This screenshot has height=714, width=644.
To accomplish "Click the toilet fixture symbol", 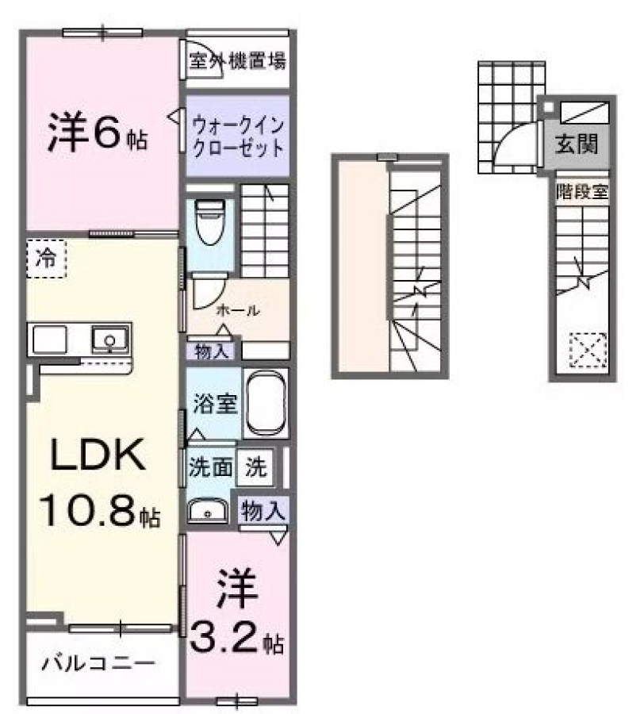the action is coord(210,221).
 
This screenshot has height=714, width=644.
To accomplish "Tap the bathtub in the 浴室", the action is coord(266,404).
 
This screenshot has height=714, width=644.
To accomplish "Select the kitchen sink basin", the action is coord(109,339).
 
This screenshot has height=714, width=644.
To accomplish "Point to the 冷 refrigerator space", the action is coord(47,259).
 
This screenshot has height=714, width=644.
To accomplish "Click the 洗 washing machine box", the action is coord(256,466).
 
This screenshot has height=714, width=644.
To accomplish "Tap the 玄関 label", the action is coord(577,145).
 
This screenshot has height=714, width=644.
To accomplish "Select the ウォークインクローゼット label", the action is coord(238,136).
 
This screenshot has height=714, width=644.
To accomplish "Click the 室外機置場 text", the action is coord(238,60).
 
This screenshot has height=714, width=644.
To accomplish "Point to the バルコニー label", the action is coord(98,663).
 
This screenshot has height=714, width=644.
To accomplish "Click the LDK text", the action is coord(98,455).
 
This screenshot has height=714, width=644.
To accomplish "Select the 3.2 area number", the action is coord(224,638).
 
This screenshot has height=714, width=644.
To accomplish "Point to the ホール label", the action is coord(238,310).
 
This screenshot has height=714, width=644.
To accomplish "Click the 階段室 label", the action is coord(582,192).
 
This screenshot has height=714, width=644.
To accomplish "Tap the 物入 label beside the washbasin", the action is coord(263,510).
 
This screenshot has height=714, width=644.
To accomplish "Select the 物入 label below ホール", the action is coord(211,351).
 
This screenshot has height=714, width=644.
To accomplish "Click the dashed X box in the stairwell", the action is coord(588,350).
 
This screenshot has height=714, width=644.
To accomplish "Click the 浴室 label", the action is coord(215,403).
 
